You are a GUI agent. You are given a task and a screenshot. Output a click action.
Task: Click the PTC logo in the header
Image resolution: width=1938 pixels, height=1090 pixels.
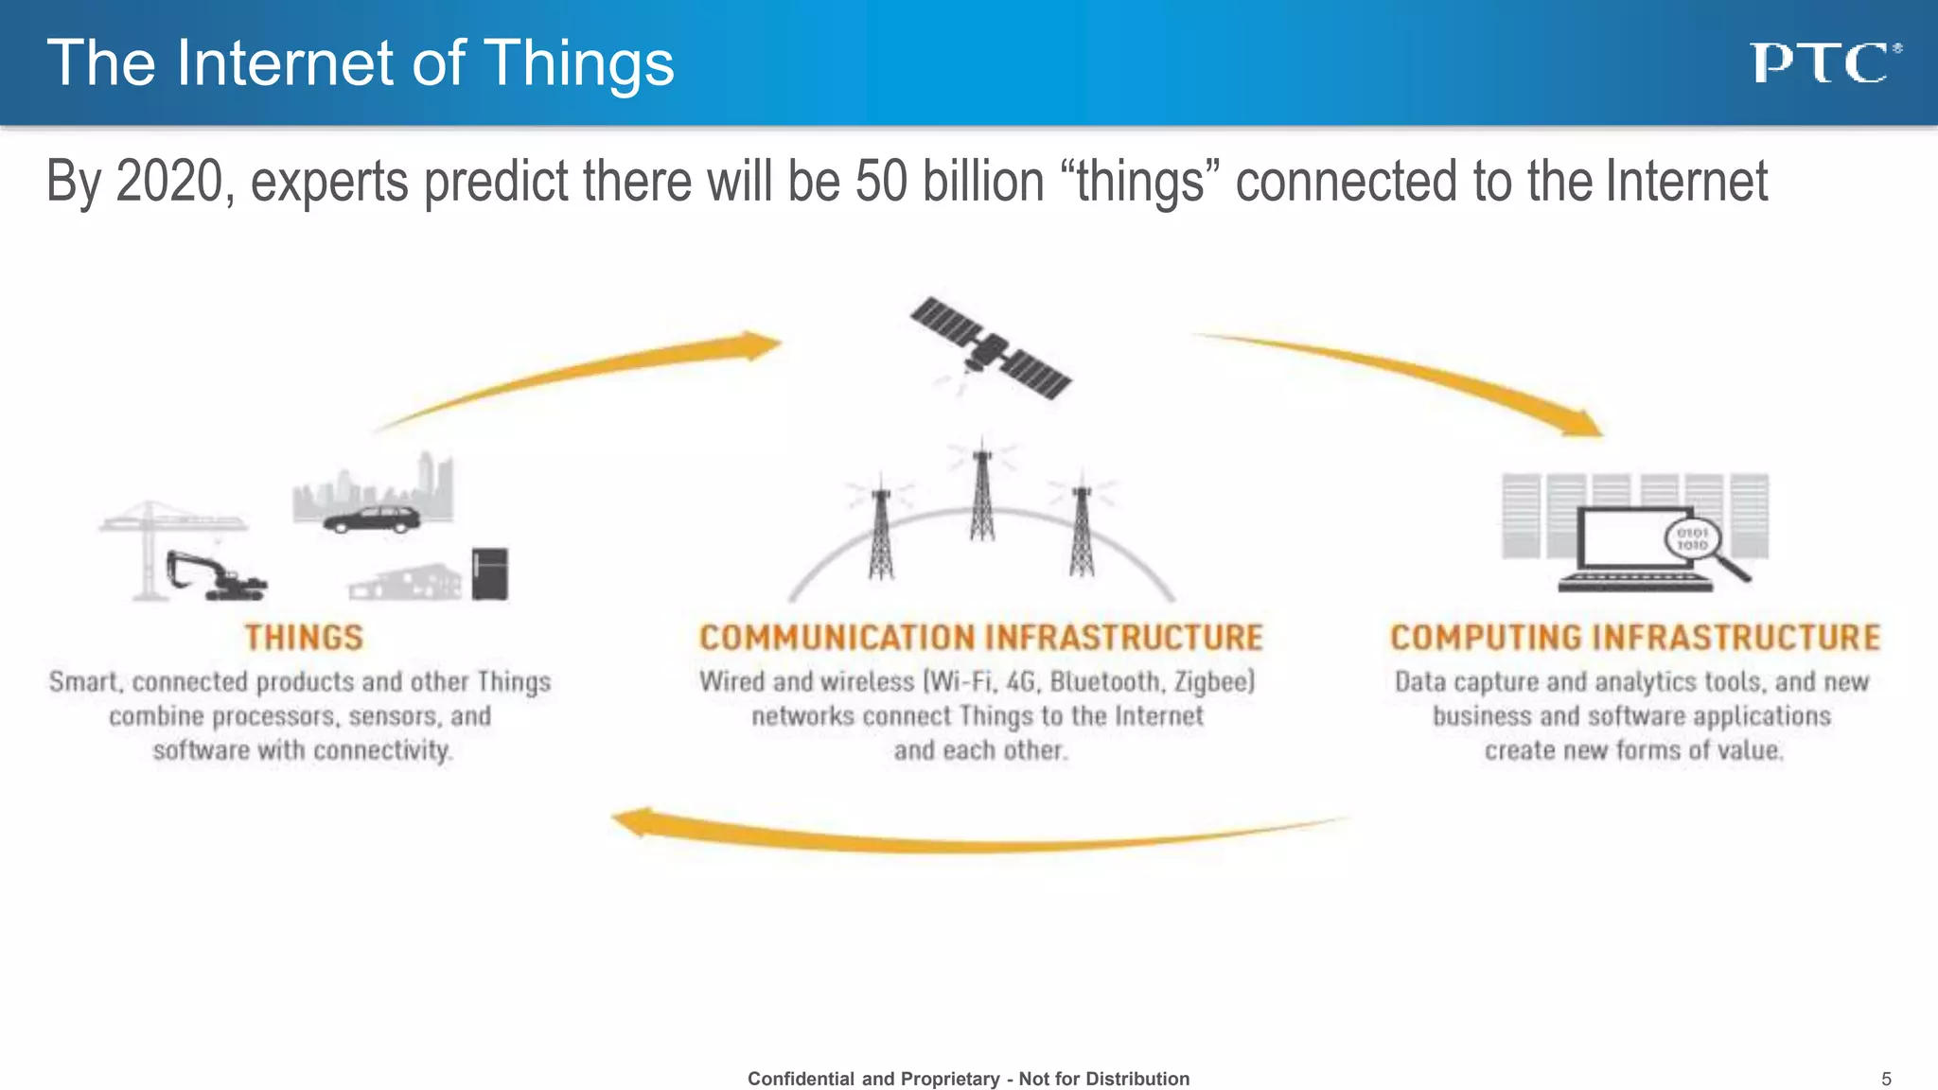(x=1823, y=63)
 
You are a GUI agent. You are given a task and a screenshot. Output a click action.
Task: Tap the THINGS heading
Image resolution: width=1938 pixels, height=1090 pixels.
(x=304, y=638)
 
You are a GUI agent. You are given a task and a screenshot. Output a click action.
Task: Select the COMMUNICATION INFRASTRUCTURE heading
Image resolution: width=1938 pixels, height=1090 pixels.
(x=980, y=638)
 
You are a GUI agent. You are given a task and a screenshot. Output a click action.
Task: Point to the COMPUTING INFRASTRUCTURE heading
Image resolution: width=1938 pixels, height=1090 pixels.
(x=1634, y=638)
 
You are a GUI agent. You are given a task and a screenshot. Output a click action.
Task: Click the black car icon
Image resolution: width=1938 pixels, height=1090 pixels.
(x=372, y=519)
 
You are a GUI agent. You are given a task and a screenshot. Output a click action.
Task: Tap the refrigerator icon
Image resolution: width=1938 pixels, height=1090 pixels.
(x=490, y=573)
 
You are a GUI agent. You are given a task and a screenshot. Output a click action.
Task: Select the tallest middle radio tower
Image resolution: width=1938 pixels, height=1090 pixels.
(x=982, y=492)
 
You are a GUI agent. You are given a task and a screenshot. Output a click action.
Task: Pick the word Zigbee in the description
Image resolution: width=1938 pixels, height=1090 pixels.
(x=1213, y=682)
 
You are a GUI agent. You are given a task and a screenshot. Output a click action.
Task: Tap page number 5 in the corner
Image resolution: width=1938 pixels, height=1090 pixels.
(x=1886, y=1079)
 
